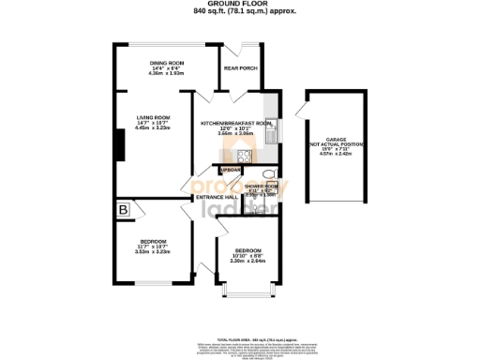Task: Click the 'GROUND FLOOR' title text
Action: click(x=239, y=5)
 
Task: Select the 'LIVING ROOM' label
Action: click(x=152, y=116)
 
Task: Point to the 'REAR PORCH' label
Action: click(x=240, y=68)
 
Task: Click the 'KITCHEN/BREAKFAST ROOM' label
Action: click(x=236, y=124)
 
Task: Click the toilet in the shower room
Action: click(x=268, y=174)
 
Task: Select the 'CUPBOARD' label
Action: click(x=231, y=169)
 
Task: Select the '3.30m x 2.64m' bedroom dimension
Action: click(x=248, y=262)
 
